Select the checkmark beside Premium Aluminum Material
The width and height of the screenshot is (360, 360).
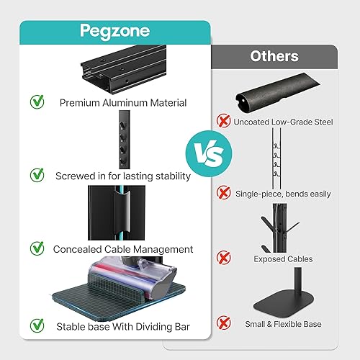pos(36,102)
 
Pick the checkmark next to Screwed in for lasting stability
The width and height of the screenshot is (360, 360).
pos(36,175)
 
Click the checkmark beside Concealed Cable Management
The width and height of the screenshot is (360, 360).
pos(36,248)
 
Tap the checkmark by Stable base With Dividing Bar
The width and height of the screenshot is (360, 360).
pos(36,326)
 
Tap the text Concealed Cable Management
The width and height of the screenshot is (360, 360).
pos(122,249)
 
